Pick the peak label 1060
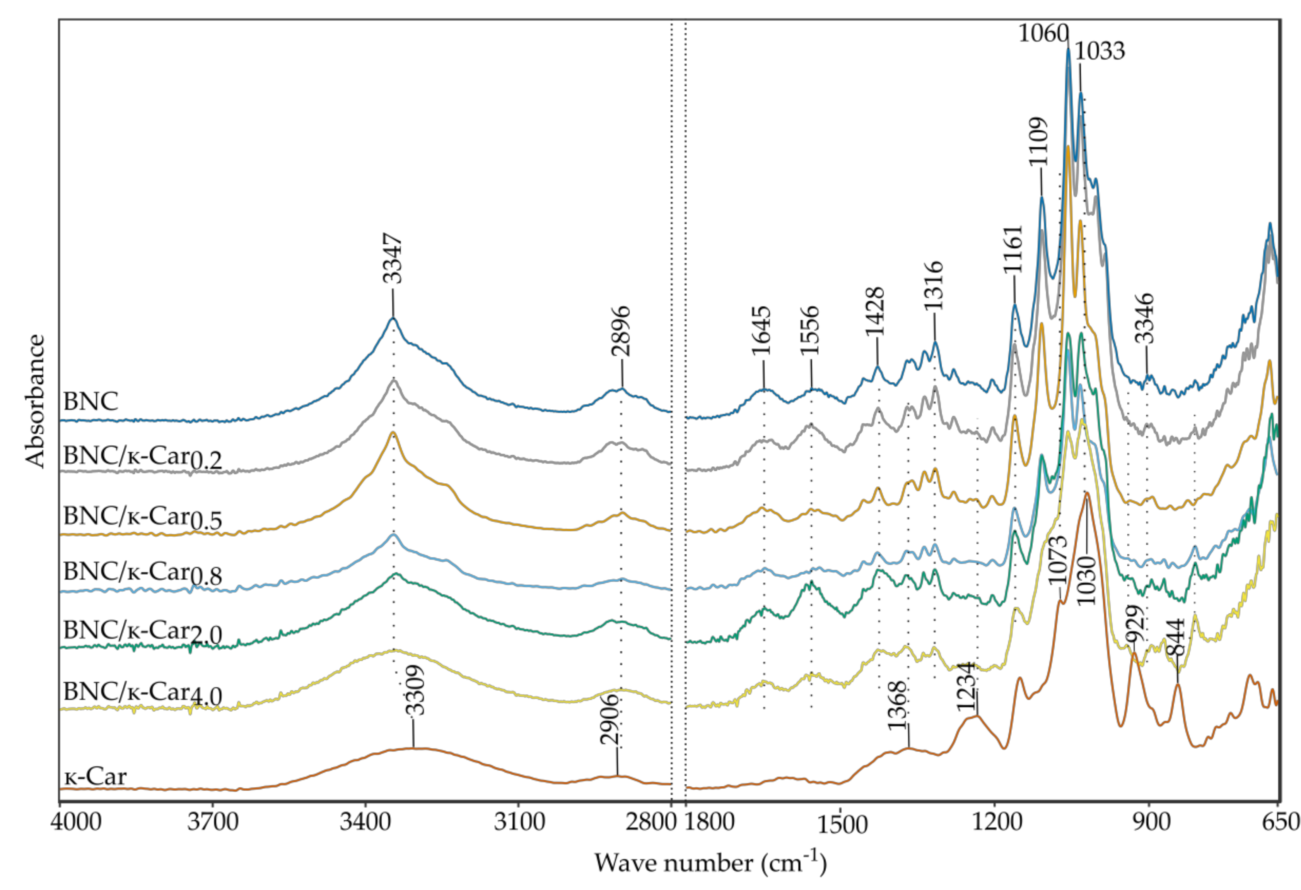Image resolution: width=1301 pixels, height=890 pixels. [1043, 34]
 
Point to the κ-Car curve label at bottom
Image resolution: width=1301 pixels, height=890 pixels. [95, 777]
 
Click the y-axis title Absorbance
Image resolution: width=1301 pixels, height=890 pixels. [35, 400]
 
